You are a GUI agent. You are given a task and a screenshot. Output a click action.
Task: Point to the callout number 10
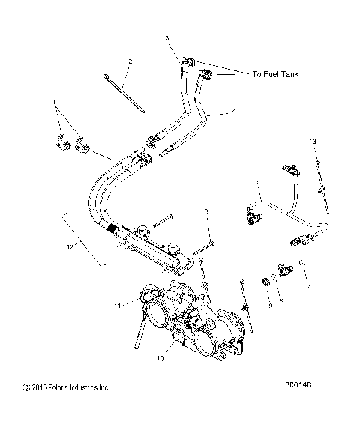pyautogui.click(x=160, y=357)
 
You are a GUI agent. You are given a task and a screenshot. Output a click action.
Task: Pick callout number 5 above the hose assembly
pyautogui.click(x=235, y=182)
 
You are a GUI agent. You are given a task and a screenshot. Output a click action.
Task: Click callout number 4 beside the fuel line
pyautogui.click(x=233, y=111)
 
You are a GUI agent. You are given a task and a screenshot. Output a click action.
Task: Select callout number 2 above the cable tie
pyautogui.click(x=130, y=61)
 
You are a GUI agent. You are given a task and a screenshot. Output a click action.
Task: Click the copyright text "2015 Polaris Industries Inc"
pyautogui.click(x=67, y=387)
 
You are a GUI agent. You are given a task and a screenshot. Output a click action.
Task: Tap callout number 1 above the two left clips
pyautogui.click(x=54, y=101)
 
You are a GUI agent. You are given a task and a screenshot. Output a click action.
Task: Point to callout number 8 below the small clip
pyautogui.click(x=281, y=300)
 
